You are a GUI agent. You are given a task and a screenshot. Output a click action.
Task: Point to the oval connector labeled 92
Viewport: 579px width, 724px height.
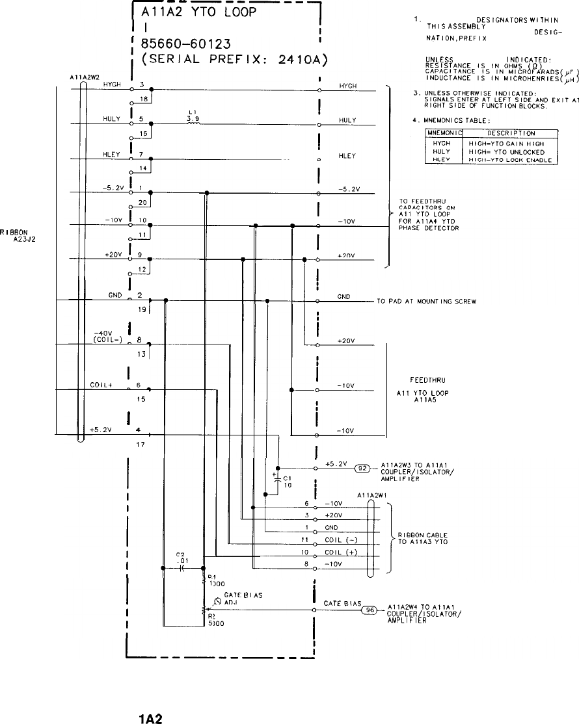pyautogui.click(x=362, y=468)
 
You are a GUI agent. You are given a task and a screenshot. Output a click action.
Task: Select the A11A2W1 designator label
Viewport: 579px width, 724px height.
pyautogui.click(x=373, y=495)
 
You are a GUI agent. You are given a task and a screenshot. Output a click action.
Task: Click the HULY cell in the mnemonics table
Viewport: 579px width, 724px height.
pyautogui.click(x=442, y=151)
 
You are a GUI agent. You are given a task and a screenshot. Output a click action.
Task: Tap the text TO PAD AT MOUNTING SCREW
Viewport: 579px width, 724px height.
pyautogui.click(x=427, y=301)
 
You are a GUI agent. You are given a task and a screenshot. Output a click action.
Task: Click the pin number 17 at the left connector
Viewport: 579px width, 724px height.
pyautogui.click(x=139, y=445)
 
